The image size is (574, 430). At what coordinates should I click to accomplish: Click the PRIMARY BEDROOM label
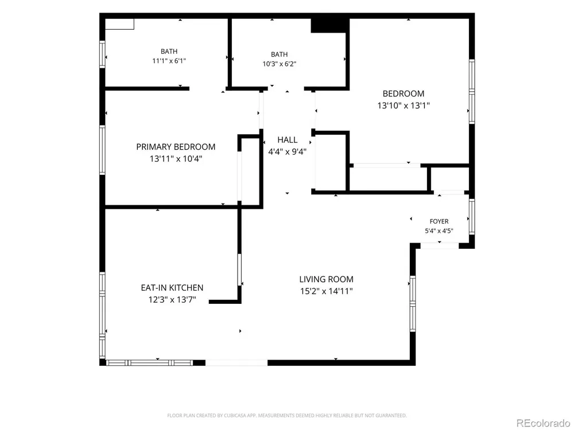tap(176, 147)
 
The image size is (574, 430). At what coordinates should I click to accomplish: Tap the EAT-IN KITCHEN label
tap(172, 288)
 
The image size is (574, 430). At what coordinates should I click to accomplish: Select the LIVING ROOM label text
tap(326, 279)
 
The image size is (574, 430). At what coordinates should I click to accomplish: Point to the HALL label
tap(288, 140)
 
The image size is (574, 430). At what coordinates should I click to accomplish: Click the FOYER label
tap(439, 221)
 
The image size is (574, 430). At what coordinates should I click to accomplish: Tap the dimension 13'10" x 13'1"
tap(404, 105)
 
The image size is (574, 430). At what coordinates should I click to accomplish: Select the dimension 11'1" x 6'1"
tap(169, 61)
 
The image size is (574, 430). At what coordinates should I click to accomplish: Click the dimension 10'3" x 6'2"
tap(280, 64)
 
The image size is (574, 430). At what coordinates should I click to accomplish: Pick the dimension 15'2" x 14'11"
tap(326, 291)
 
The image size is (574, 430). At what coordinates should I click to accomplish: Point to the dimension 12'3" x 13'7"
tap(172, 300)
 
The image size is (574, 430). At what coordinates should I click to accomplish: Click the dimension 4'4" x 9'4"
tap(288, 152)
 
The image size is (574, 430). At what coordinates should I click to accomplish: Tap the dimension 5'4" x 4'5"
tap(439, 230)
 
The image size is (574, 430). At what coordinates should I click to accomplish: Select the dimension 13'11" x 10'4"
tap(176, 159)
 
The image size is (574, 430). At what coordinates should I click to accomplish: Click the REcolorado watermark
tap(543, 423)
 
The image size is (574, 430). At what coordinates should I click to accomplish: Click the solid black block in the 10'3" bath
tap(329, 25)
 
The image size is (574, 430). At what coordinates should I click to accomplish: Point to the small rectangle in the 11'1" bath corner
tap(120, 24)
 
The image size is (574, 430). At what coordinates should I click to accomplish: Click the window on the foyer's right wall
tap(472, 216)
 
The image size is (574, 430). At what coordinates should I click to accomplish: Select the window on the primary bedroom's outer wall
tap(102, 150)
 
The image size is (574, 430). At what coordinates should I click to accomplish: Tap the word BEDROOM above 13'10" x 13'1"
tap(404, 93)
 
